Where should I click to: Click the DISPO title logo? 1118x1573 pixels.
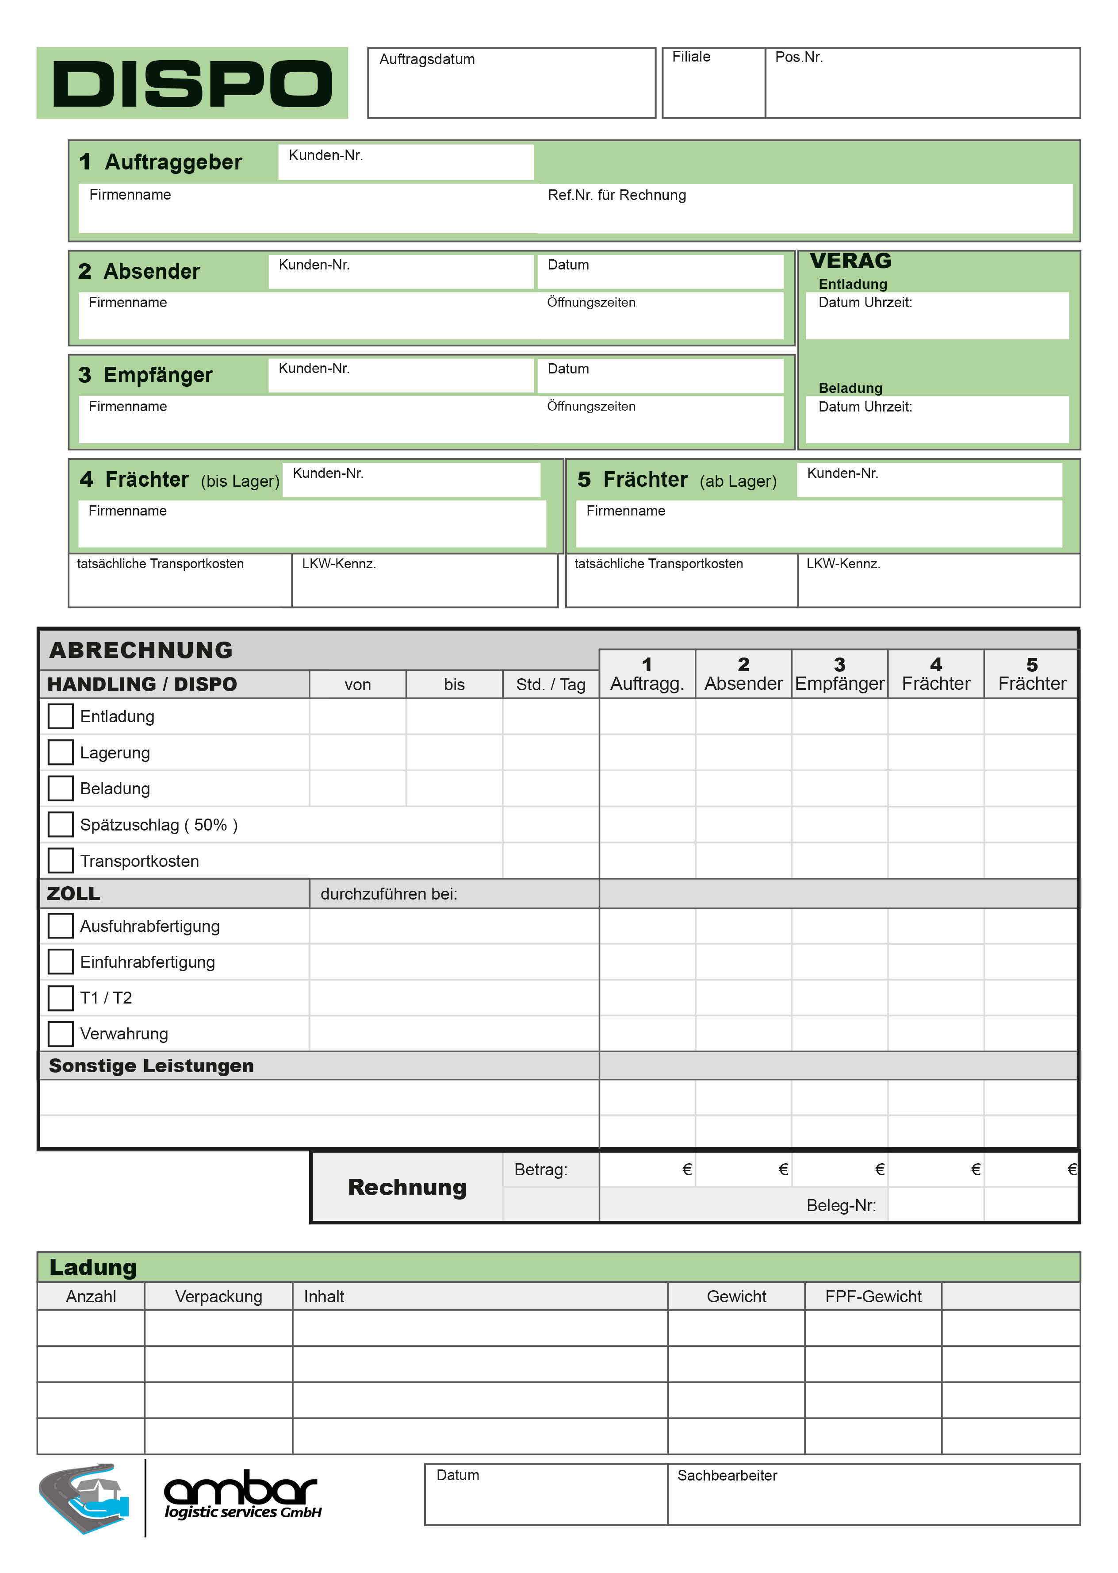(x=191, y=83)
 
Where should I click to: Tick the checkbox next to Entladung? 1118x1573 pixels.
(x=61, y=716)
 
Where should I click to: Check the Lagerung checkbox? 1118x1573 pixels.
(x=61, y=752)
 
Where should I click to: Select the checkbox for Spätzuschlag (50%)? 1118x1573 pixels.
(x=61, y=824)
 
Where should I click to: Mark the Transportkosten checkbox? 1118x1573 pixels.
(x=61, y=860)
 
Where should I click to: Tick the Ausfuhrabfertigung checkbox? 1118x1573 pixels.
(x=61, y=926)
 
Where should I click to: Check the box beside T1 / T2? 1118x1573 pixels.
(x=61, y=997)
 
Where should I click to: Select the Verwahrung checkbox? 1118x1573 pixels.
(x=61, y=1033)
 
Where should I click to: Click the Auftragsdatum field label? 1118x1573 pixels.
(x=427, y=59)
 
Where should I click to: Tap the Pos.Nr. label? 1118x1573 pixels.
(x=799, y=57)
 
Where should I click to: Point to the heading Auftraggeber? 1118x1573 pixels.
(x=173, y=162)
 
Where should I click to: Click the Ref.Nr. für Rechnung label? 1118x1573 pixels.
(x=617, y=195)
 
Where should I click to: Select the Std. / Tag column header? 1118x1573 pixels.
(x=550, y=685)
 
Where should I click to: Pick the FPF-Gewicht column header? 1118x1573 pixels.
(x=873, y=1296)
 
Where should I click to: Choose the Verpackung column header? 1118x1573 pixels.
(x=218, y=1296)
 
